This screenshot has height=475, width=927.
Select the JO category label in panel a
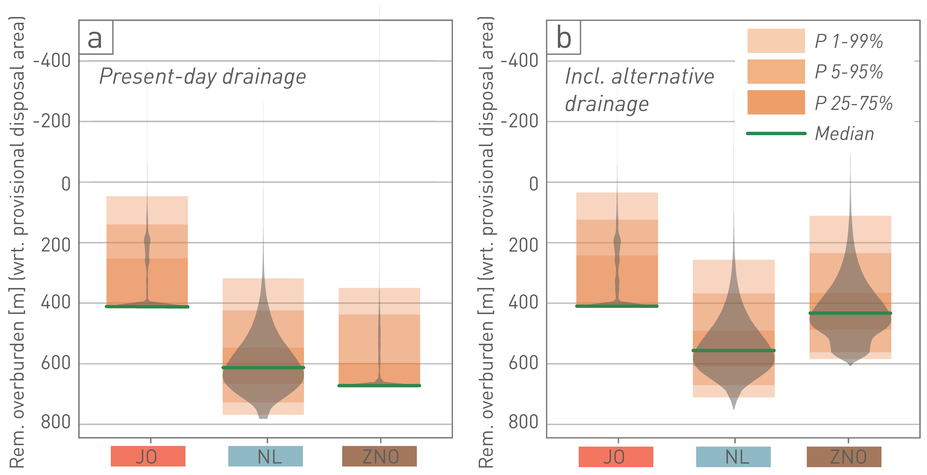click(148, 456)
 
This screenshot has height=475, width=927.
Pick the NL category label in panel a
click(266, 456)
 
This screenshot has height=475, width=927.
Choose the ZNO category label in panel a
click(379, 456)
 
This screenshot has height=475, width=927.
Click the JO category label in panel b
click(616, 457)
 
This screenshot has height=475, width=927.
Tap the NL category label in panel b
click(733, 457)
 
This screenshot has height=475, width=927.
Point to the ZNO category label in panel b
click(844, 457)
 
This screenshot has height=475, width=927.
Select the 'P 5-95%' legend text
click(849, 72)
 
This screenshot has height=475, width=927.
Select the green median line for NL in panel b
click(733, 350)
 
